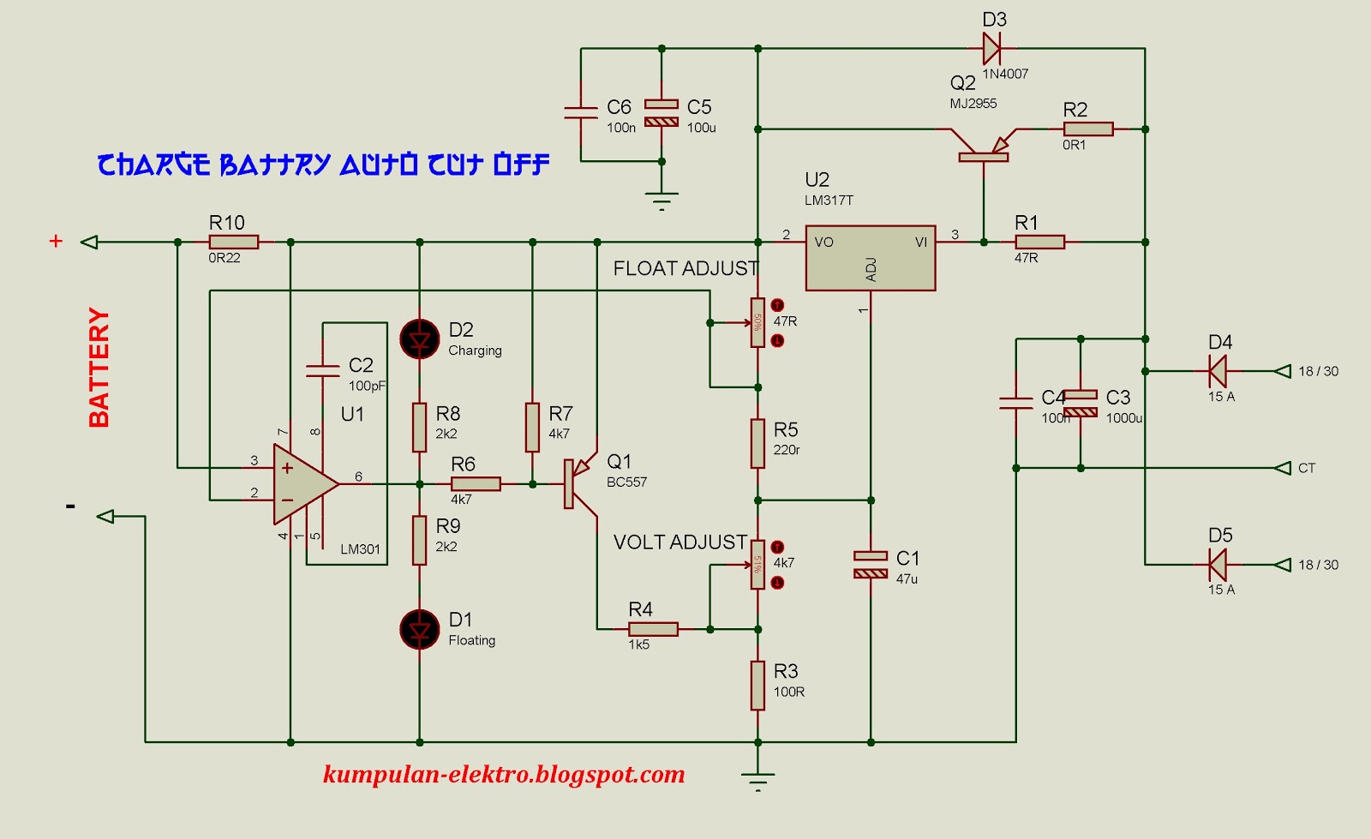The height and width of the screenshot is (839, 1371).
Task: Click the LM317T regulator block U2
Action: tap(870, 258)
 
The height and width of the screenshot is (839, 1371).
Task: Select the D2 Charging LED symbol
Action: tap(420, 339)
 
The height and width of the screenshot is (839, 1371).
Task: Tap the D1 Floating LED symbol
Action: tap(420, 630)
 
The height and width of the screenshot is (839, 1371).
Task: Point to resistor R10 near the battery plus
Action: tap(233, 243)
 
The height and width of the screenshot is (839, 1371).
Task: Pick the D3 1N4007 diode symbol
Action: tap(992, 49)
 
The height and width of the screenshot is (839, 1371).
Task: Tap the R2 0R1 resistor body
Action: tap(1087, 129)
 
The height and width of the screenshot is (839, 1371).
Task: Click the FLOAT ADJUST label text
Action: tap(685, 269)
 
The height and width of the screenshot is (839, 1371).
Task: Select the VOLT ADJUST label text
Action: tap(680, 542)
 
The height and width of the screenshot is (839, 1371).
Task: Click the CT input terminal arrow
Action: tap(1283, 468)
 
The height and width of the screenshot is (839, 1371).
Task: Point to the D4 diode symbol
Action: tap(1217, 371)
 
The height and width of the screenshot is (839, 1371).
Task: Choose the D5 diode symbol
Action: tap(1217, 565)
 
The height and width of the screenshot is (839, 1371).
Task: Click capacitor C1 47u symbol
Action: tap(871, 565)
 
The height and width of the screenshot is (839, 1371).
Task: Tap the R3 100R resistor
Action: tap(757, 685)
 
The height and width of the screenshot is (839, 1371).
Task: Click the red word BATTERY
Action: tap(99, 368)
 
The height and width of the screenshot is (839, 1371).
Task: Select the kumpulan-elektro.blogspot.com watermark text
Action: tap(504, 775)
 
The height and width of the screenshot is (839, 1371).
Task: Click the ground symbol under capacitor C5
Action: tap(662, 201)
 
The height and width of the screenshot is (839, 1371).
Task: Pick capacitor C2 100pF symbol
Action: tap(323, 371)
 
